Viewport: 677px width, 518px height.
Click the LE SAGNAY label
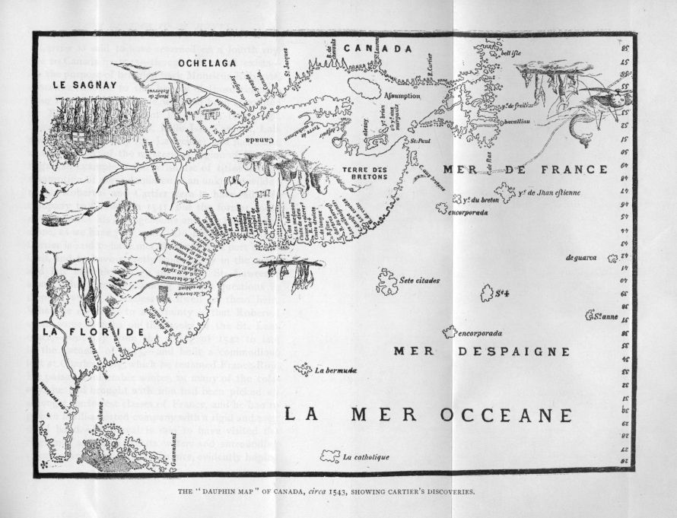point(81,86)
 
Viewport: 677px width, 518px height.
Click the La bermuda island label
point(335,370)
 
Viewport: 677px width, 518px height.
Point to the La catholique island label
point(366,457)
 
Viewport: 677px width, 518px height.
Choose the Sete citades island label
point(418,281)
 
